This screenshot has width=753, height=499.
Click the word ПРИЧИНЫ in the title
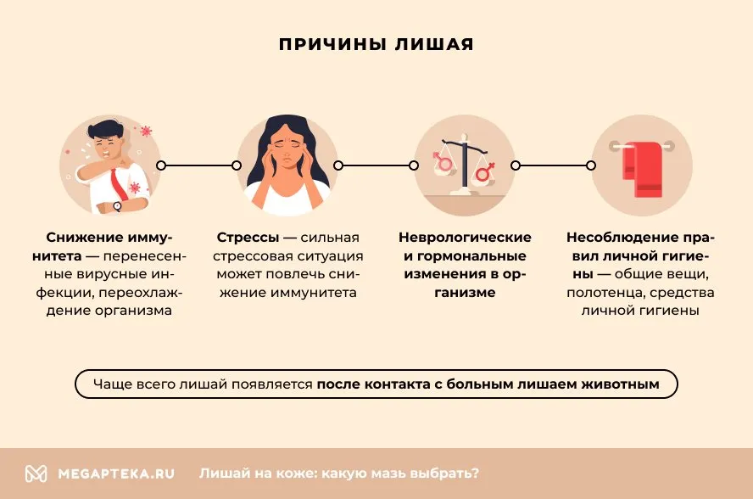(x=332, y=44)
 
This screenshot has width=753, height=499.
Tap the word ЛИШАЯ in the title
(x=434, y=44)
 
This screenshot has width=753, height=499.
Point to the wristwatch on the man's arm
(x=117, y=206)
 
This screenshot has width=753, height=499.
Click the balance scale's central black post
(x=465, y=164)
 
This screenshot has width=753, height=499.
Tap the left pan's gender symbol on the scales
(x=443, y=162)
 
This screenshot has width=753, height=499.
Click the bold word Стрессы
(x=248, y=238)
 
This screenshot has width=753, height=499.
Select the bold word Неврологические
(x=465, y=238)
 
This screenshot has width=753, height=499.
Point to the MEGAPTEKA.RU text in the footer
(x=116, y=474)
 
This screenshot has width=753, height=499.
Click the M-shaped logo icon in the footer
(x=36, y=474)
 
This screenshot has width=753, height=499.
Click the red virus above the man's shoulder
(x=146, y=131)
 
